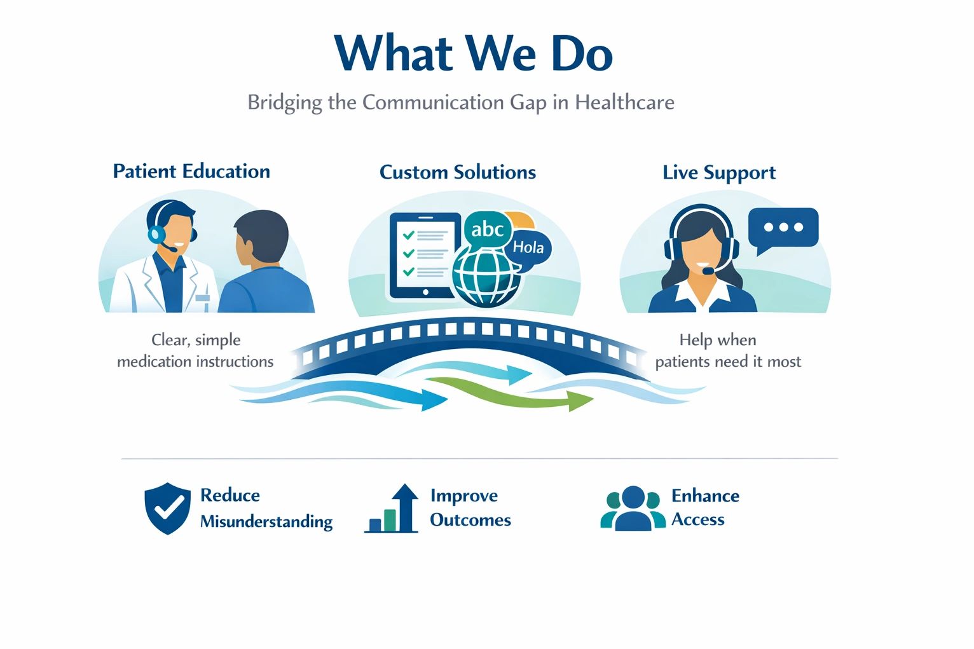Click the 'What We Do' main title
pos(474,53)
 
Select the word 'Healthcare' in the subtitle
pos(624,102)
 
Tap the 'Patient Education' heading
pos(191,171)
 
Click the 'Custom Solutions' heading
pos(458,172)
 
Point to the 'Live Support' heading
pos(719,173)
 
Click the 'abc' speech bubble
pos(487,229)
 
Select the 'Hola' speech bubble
pos(529,248)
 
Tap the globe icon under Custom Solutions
pos(486,278)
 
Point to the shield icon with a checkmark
pos(167,508)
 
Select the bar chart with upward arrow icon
pos(392,509)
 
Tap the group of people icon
pos(633,508)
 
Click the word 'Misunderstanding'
pos(266,521)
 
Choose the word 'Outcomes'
pos(470,520)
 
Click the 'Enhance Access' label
pos(705,508)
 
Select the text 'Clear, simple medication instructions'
pos(195,350)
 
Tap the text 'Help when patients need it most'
pos(728,350)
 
